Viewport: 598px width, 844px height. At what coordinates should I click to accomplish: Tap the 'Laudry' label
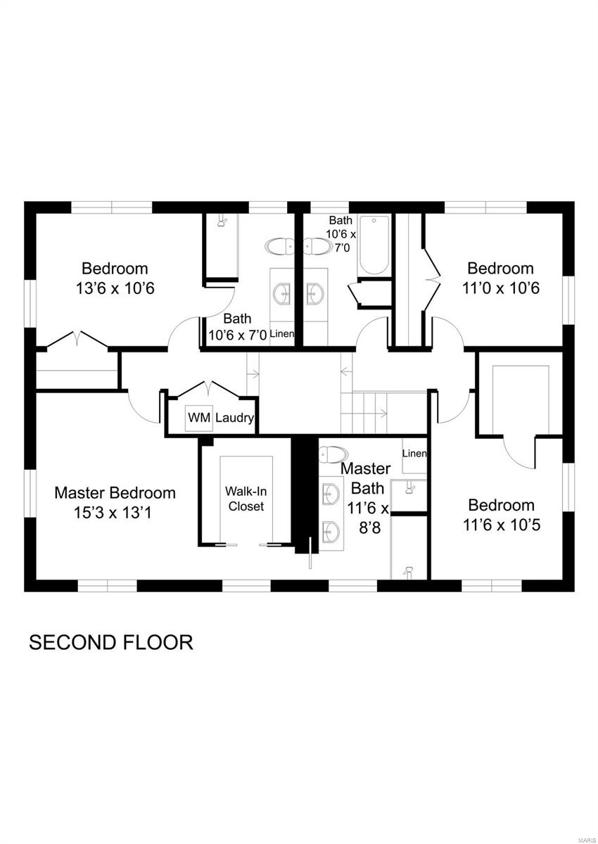point(234,418)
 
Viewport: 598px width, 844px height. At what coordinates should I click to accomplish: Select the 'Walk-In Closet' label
point(244,498)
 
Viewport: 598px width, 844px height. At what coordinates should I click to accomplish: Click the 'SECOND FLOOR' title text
point(110,642)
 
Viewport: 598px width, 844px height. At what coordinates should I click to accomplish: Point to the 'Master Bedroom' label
point(115,492)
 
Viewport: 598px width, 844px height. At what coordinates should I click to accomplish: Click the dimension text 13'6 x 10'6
point(115,288)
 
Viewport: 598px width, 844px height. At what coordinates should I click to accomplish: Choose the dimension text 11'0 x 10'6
point(500,288)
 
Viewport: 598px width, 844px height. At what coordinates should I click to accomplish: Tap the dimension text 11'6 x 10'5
point(501,525)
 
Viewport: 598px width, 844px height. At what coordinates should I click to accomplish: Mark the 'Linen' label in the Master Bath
point(414,454)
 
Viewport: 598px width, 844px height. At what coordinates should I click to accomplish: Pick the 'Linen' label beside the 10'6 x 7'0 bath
point(281,333)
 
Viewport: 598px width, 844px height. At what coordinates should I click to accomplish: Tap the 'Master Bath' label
point(364,478)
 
